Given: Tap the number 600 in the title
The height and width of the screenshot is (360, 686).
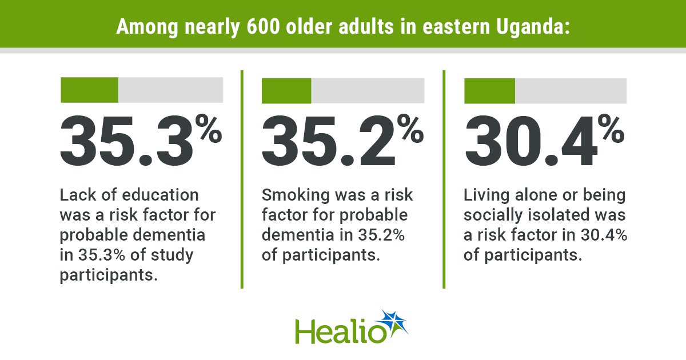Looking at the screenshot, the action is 264,27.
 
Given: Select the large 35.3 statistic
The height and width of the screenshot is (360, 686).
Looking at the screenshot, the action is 126,141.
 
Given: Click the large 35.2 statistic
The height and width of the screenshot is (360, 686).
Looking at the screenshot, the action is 328,141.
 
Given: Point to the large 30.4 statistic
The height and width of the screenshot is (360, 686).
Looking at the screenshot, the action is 531,141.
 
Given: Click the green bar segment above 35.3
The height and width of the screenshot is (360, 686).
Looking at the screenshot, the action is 89,90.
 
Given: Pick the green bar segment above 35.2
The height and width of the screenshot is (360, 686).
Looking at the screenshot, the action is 286,91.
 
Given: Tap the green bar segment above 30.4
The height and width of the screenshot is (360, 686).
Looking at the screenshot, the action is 490,91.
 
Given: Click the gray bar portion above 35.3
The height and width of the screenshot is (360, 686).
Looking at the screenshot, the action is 170,90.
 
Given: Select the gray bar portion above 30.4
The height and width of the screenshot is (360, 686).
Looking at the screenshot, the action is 571,91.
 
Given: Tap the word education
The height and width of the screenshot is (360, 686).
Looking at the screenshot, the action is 161,195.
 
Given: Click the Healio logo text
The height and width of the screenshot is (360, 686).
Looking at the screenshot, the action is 341,332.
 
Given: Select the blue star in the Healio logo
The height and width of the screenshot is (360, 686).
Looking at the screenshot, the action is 393,323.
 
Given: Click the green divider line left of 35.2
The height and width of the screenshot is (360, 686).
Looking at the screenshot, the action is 242,179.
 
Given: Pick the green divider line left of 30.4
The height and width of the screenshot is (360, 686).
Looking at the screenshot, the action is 444,179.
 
